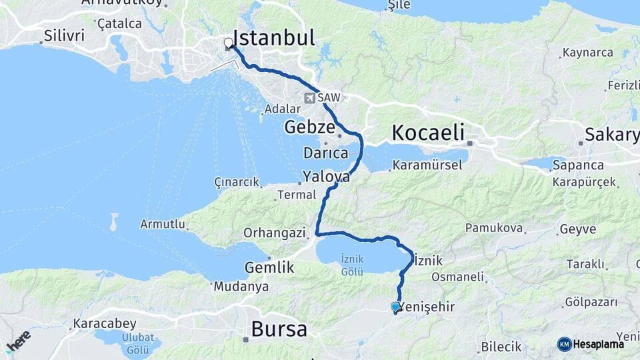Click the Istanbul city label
click(273, 38)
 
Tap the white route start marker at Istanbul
click(229, 43)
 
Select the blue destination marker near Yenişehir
click(395, 307)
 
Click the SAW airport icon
click(309, 98)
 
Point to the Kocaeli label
click(428, 132)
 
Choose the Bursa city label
click(279, 329)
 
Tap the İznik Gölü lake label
click(351, 264)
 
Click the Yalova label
click(326, 177)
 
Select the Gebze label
click(309, 127)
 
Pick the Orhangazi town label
click(274, 233)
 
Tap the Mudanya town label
click(241, 287)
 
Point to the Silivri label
click(64, 35)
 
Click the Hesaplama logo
click(591, 344)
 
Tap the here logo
click(18, 341)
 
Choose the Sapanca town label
click(581, 165)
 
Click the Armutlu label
click(163, 225)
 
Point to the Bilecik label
click(501, 347)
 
